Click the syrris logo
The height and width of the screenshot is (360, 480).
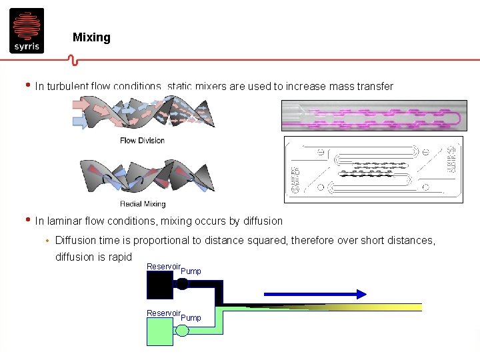click(27, 30)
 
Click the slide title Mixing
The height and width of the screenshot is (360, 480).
click(91, 37)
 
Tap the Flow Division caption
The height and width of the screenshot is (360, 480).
click(142, 140)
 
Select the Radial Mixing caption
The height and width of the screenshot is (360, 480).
click(143, 203)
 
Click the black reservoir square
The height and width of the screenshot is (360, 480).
click(159, 285)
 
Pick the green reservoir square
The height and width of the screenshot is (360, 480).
click(159, 331)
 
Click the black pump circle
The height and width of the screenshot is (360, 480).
click(181, 284)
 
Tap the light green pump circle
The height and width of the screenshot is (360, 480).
click(182, 331)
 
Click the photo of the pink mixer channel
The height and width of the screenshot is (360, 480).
click(373, 115)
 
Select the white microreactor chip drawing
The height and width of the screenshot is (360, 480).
click(373, 169)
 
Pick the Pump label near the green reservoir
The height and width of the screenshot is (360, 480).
click(191, 317)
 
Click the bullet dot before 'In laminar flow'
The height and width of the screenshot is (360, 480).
click(27, 220)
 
